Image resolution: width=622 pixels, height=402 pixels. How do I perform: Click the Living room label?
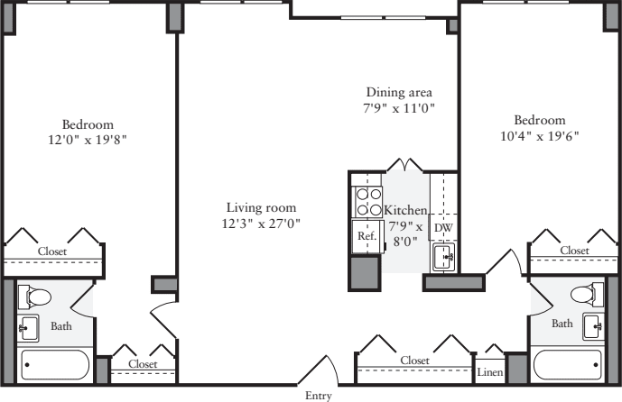[263, 206]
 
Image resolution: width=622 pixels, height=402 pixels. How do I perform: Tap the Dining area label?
[399, 92]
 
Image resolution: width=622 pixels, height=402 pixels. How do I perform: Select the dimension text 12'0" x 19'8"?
[88, 140]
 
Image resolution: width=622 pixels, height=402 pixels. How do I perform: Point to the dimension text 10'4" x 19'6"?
[539, 136]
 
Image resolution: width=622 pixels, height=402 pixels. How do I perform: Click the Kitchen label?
[405, 210]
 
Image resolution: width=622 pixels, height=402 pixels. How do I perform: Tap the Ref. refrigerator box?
[367, 236]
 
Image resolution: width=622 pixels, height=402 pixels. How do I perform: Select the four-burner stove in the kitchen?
[367, 201]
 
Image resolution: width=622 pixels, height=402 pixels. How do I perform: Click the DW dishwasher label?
[443, 228]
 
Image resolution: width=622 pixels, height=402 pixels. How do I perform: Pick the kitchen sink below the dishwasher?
[444, 259]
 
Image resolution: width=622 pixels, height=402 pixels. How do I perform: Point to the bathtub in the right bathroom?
[569, 366]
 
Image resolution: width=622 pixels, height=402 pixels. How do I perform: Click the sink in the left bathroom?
[27, 328]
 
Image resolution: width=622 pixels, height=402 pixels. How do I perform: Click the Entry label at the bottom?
[319, 395]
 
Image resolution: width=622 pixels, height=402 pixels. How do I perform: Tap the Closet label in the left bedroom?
[51, 251]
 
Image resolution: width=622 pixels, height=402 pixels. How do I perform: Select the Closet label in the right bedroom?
[574, 250]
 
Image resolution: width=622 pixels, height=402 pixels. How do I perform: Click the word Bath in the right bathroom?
[562, 324]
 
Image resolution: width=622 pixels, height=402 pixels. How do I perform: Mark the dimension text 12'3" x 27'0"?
[263, 224]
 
